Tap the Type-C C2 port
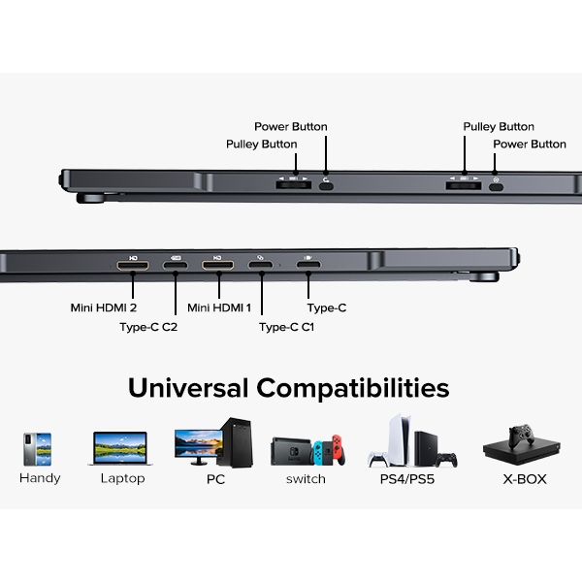click(x=176, y=265)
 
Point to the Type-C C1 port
click(x=261, y=265)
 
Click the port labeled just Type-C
click(x=308, y=265)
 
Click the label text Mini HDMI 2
click(x=103, y=308)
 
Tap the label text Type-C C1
click(x=287, y=327)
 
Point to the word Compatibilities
click(x=353, y=390)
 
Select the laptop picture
click(x=120, y=450)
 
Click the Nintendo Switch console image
click(x=307, y=450)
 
